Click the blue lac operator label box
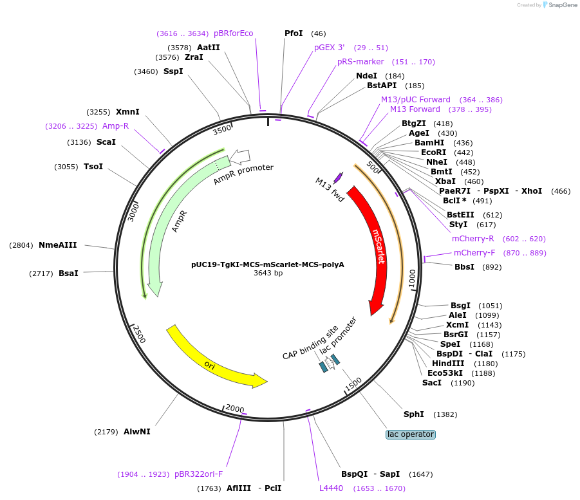pos(411,434)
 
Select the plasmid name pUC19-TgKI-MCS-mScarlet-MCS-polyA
pos(268,264)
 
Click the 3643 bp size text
pos(268,273)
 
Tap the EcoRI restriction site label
pos(433,153)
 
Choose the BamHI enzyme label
pos(429,143)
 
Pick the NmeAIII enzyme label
pos(58,245)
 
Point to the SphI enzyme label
pos(413,414)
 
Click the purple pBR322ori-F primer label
pos(198,474)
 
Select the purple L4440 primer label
pos(331,488)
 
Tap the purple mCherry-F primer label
pos(474,253)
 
